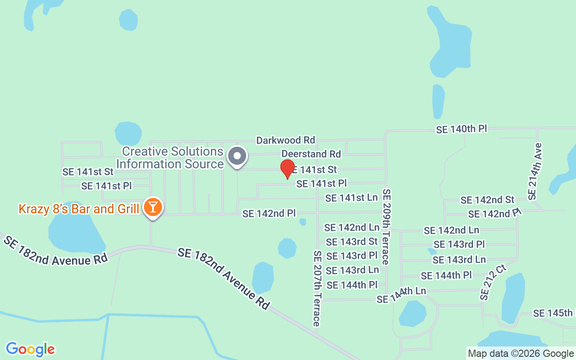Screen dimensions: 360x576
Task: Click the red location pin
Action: click(288, 169)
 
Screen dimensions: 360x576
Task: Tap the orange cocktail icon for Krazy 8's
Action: click(153, 207)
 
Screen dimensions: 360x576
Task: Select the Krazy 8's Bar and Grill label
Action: click(79, 209)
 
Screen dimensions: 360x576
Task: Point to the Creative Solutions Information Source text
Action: click(170, 157)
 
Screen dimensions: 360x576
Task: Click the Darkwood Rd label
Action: click(286, 140)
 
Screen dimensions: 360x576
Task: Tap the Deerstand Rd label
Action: click(311, 154)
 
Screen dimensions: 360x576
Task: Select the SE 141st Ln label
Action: click(351, 198)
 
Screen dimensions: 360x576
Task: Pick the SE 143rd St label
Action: click(352, 242)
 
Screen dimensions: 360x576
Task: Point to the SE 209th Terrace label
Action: click(386, 226)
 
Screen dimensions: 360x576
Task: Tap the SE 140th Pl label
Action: click(461, 129)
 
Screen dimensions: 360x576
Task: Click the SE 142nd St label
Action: click(487, 200)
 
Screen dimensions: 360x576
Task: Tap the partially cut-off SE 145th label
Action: click(553, 313)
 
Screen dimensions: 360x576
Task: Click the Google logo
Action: click(30, 349)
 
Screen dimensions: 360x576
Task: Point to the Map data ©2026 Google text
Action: click(521, 354)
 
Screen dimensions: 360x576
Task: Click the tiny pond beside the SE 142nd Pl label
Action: click(303, 222)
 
